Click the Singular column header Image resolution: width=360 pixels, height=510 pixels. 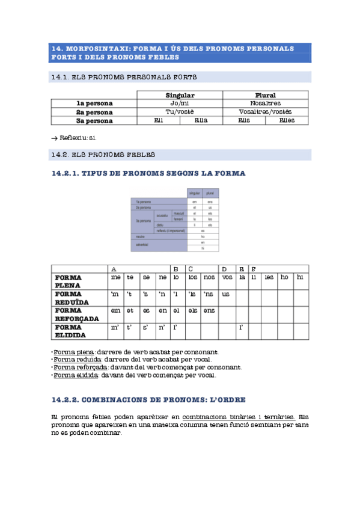(x=180, y=95)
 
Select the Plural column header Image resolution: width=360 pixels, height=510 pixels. (x=265, y=95)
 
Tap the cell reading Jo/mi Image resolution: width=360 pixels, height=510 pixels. (x=180, y=103)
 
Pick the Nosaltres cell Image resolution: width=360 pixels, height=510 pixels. (x=265, y=103)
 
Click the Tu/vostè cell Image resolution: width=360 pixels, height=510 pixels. (x=180, y=112)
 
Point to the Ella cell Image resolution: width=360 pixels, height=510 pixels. (x=201, y=120)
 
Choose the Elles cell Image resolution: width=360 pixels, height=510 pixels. (x=287, y=120)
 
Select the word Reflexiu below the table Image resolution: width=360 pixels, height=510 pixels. (x=73, y=138)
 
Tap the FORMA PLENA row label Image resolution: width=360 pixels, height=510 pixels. (x=68, y=281)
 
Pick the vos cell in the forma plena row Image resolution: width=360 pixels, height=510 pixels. (x=227, y=278)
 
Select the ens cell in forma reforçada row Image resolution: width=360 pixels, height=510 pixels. (x=209, y=310)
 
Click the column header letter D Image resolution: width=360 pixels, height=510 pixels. (x=224, y=269)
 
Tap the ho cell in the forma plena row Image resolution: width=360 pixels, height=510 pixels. (x=284, y=278)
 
